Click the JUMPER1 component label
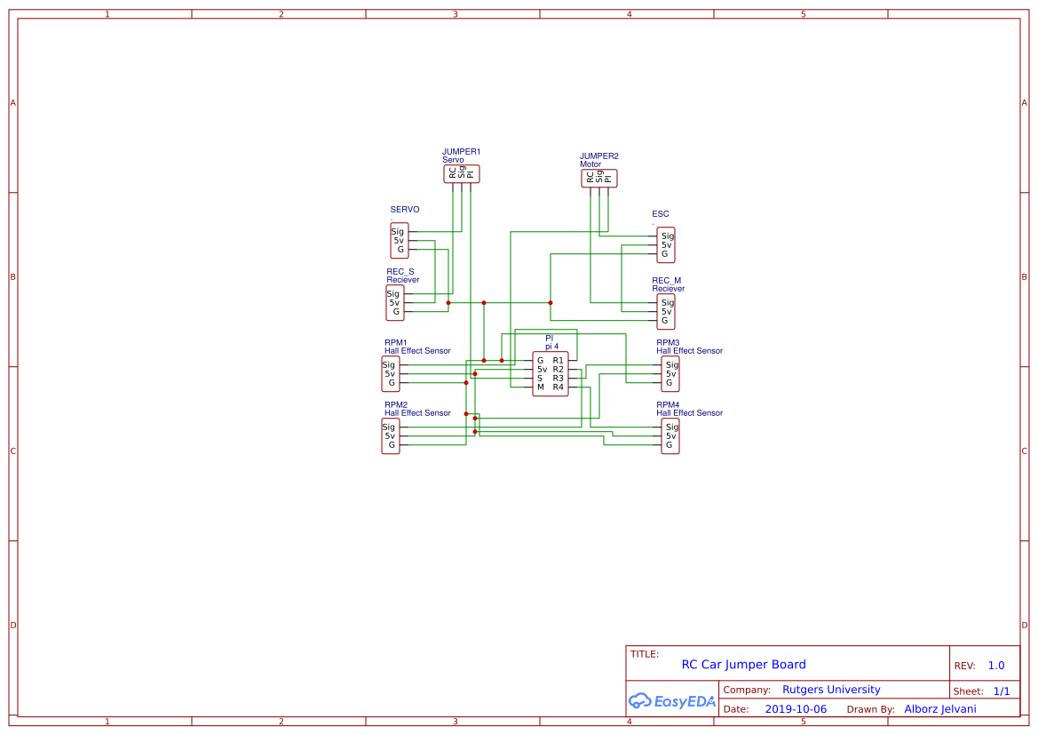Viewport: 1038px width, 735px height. (x=461, y=152)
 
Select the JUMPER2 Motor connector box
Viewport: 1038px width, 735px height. (x=598, y=178)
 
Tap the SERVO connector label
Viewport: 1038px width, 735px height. (x=405, y=210)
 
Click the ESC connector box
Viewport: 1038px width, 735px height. (x=666, y=245)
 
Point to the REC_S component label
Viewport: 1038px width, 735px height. (x=400, y=272)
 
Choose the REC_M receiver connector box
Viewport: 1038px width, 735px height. (x=666, y=312)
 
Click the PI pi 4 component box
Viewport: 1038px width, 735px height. (x=550, y=373)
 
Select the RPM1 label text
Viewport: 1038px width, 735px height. (x=395, y=342)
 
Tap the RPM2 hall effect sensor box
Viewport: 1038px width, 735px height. (x=390, y=436)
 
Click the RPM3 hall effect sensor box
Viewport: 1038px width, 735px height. (x=670, y=374)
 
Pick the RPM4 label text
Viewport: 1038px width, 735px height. (x=668, y=404)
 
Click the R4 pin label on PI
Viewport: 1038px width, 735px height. (x=558, y=387)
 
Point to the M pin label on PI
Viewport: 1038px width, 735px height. (x=540, y=387)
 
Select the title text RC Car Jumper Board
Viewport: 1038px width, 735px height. (x=743, y=665)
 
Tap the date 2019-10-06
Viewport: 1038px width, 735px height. (x=795, y=709)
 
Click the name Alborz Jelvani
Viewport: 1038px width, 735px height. (x=939, y=709)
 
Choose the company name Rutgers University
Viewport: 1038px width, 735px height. (x=831, y=690)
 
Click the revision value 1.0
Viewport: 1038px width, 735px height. (x=995, y=666)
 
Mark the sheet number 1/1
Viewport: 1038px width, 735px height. (x=1001, y=691)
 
